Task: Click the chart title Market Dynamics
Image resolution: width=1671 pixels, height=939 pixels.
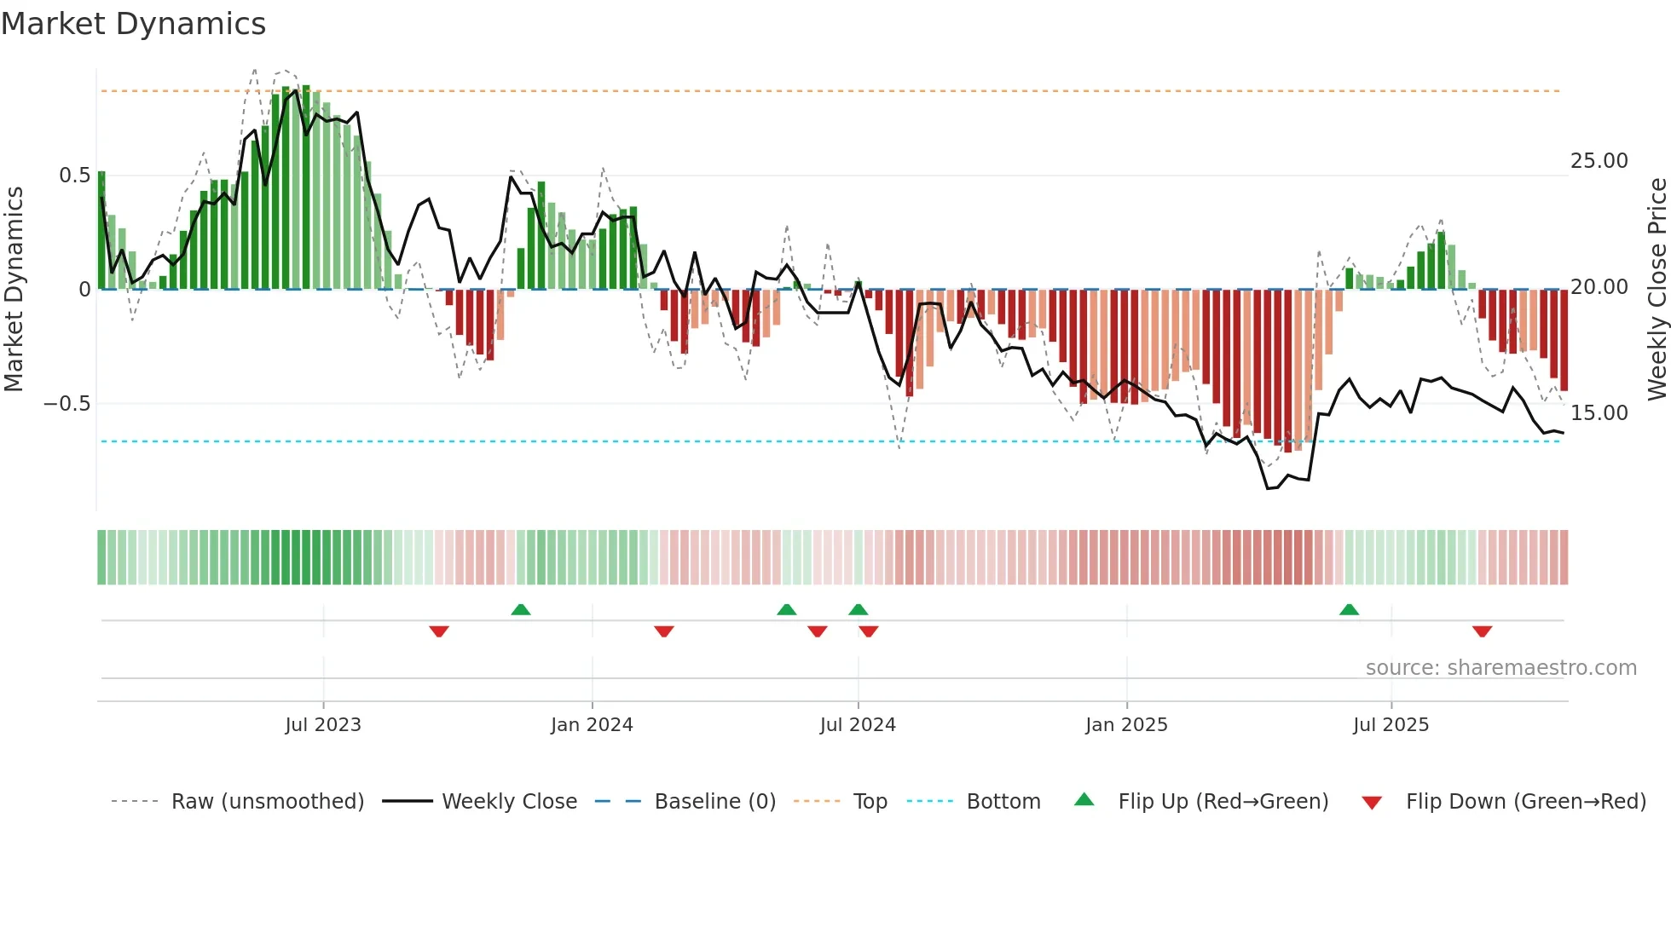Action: [x=133, y=24]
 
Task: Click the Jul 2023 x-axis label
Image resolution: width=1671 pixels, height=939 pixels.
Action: [x=323, y=725]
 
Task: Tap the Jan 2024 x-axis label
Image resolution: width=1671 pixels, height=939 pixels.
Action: [x=592, y=725]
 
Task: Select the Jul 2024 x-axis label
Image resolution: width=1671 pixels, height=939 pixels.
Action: [x=858, y=725]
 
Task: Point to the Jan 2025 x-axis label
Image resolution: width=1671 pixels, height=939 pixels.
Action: [x=1126, y=725]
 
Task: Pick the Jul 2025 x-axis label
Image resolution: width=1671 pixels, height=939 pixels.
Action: [x=1391, y=725]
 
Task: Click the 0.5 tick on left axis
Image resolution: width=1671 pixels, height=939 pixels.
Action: [x=74, y=176]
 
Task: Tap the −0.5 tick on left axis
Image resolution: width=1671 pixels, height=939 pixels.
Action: [x=67, y=404]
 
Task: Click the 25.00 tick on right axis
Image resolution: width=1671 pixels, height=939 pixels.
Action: [x=1599, y=161]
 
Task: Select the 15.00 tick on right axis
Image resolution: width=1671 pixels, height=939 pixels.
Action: [x=1599, y=413]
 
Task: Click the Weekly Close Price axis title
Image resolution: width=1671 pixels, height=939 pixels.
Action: [x=1657, y=289]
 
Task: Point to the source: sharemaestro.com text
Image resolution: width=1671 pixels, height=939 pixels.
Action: [x=1500, y=668]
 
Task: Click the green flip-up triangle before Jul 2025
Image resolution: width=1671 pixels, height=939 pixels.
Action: [x=1349, y=610]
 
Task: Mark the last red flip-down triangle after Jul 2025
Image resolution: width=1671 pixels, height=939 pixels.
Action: [x=1482, y=631]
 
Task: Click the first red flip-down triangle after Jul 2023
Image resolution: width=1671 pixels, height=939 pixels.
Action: [x=439, y=631]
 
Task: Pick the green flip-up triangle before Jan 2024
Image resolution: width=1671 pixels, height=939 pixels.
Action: [x=521, y=610]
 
